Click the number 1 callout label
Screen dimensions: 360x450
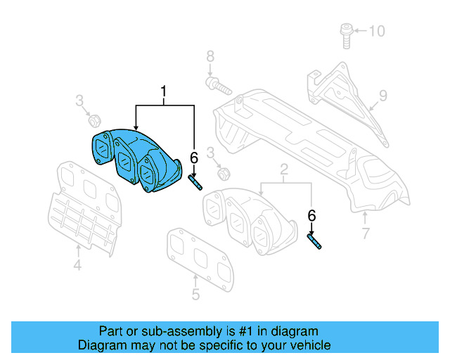tap(165, 91)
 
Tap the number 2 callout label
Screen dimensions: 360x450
tap(285, 169)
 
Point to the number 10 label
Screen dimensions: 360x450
tap(378, 31)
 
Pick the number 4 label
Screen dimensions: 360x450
tap(77, 265)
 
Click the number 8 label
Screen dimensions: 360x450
tap(209, 56)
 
